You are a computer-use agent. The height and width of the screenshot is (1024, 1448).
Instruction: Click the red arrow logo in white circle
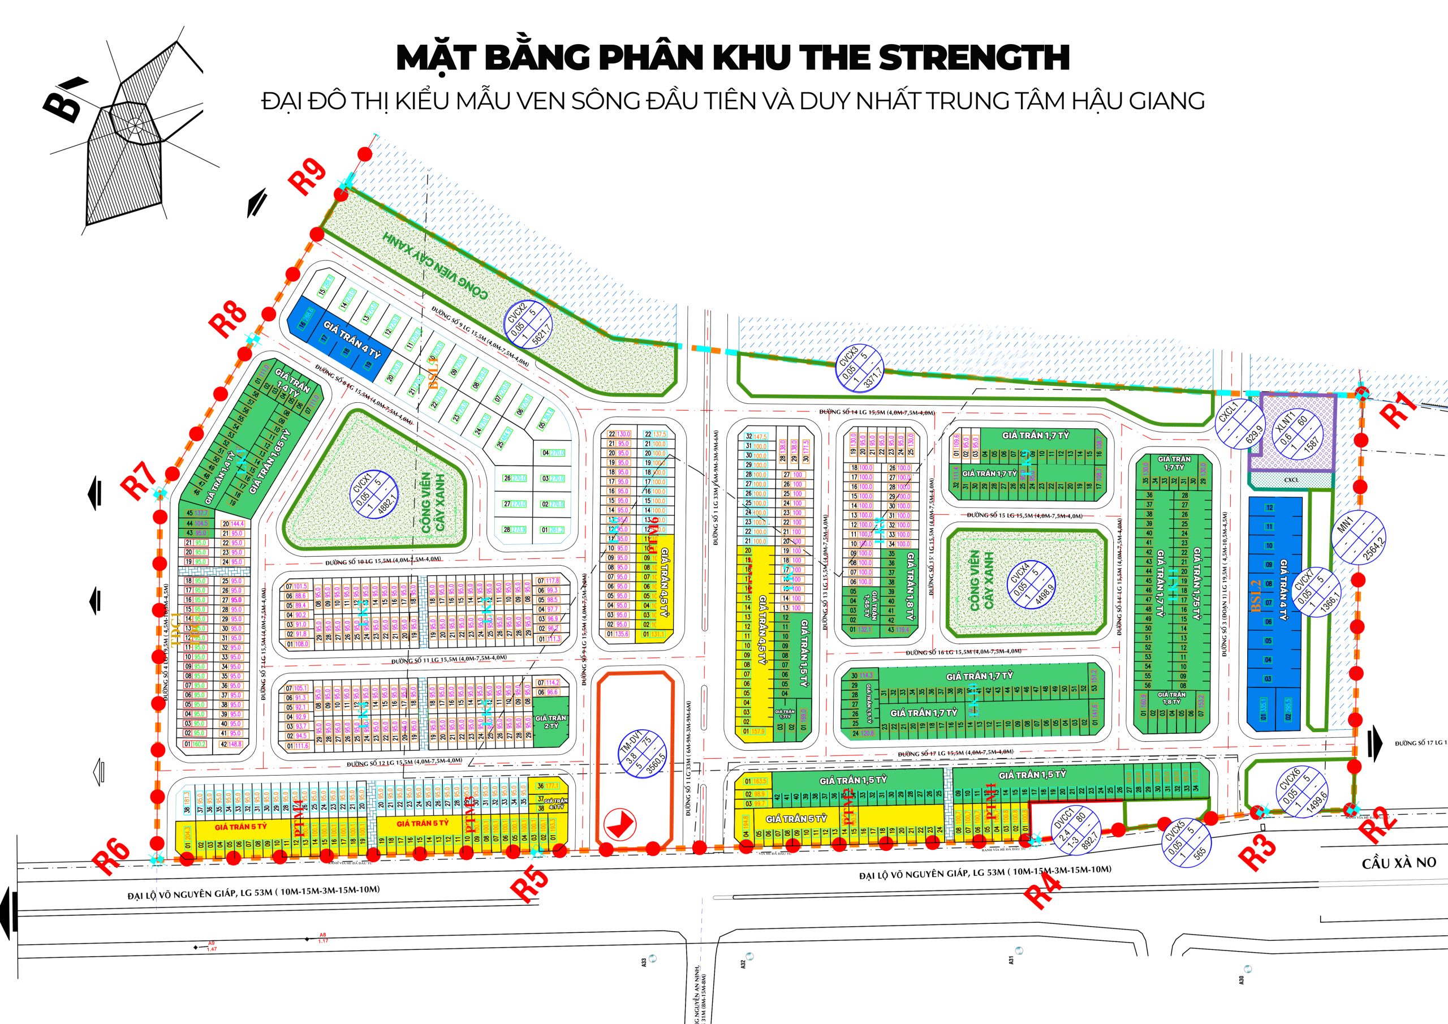pyautogui.click(x=620, y=823)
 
